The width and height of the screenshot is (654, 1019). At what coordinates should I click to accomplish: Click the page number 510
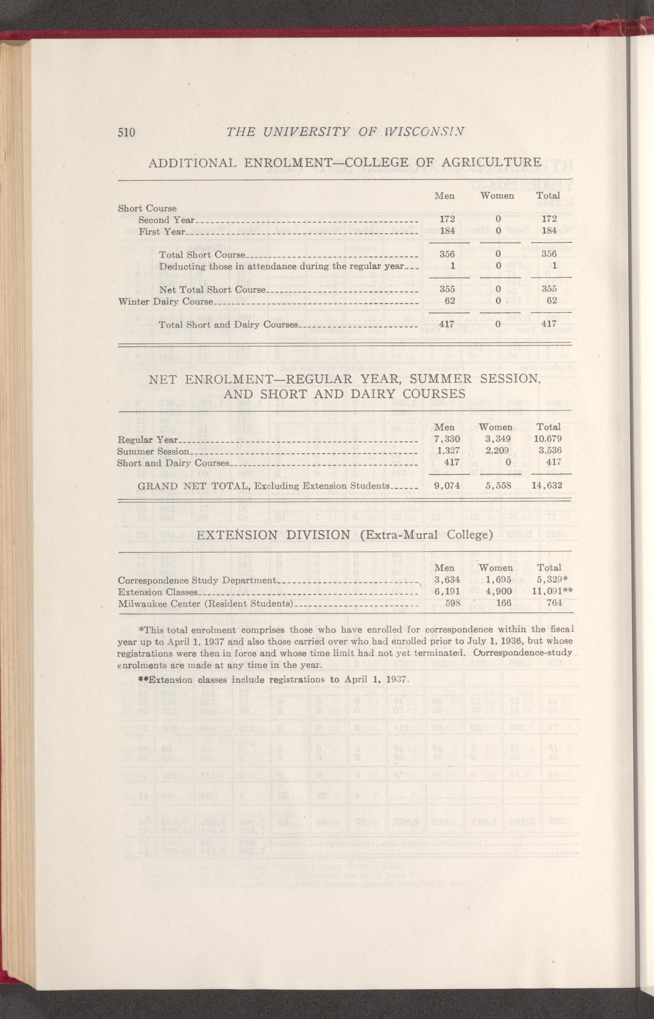tap(126, 132)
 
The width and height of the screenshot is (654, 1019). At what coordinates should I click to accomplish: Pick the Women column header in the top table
tap(497, 196)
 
